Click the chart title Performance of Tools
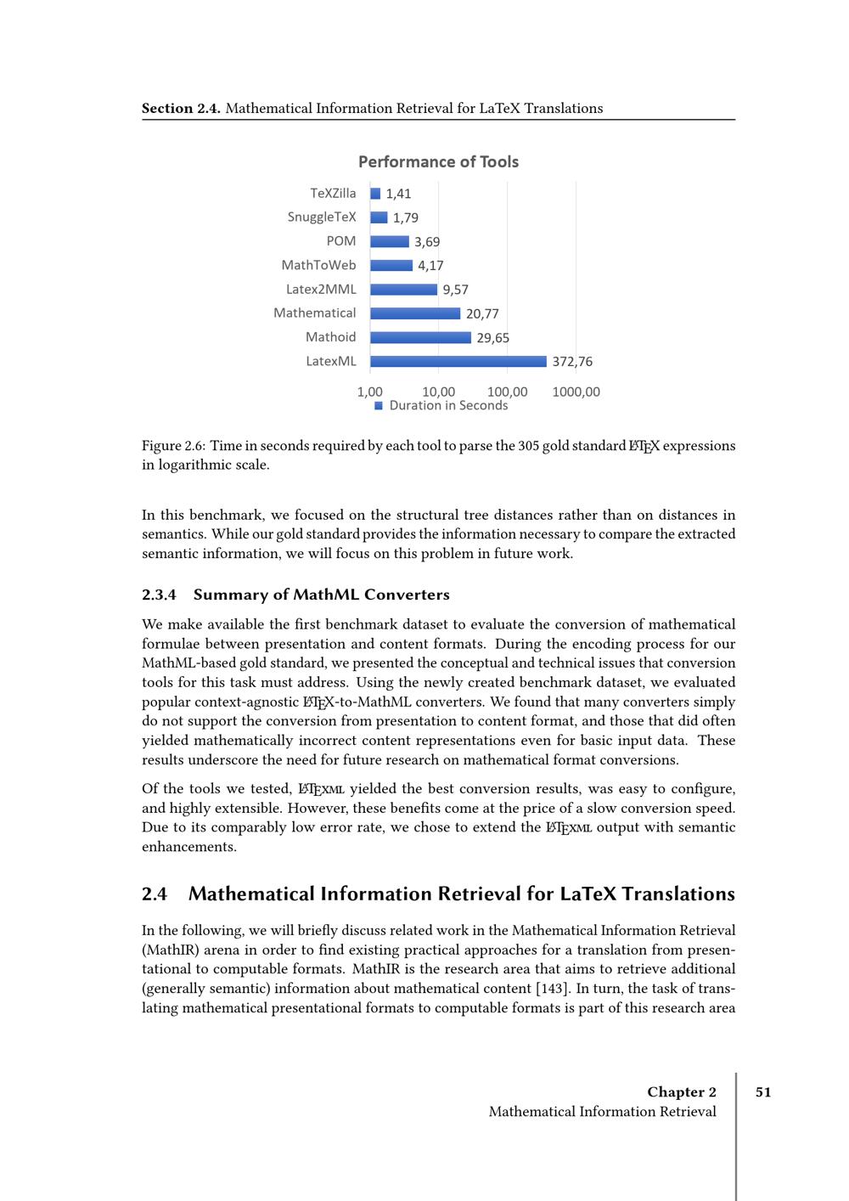[x=438, y=161]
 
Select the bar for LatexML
[x=458, y=361]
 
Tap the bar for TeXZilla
[x=375, y=194]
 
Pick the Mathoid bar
[x=420, y=337]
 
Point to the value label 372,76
[x=572, y=362]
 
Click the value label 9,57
[x=455, y=290]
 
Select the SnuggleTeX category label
[x=322, y=217]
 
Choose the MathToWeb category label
[x=318, y=265]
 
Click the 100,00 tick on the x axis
[x=507, y=392]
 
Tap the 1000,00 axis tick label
[x=576, y=392]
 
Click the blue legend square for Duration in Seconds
[x=379, y=406]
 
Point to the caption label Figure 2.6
[x=173, y=446]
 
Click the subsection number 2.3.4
[x=159, y=595]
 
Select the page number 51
[x=763, y=1092]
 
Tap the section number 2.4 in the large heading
[x=155, y=894]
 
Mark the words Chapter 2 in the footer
[x=681, y=1092]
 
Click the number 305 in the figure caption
[x=528, y=446]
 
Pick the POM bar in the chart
[x=390, y=241]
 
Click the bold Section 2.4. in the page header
[x=181, y=108]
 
